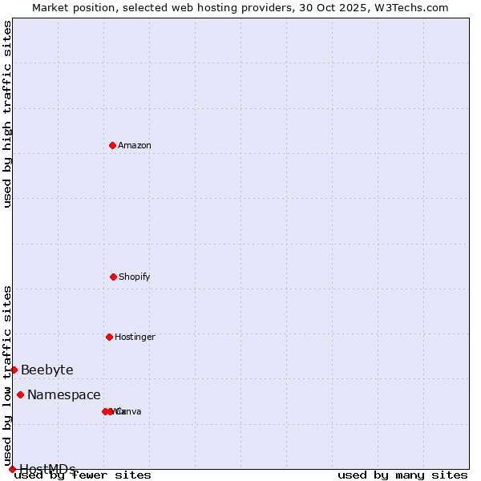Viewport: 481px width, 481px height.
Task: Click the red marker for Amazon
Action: (112, 145)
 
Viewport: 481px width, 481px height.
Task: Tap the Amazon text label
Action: (135, 146)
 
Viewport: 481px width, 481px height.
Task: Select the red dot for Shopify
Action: (113, 277)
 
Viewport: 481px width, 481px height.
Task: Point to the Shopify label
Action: (135, 277)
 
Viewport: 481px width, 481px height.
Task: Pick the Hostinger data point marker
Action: (109, 337)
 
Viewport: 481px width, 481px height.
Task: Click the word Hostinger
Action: (135, 338)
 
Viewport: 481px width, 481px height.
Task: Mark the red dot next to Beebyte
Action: (14, 370)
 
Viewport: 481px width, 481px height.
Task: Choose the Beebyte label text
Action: (47, 370)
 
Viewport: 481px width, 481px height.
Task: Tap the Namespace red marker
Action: (20, 394)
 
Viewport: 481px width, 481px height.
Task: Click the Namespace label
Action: (64, 395)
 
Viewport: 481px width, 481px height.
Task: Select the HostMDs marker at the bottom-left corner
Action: (12, 469)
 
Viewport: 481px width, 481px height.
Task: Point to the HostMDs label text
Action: (48, 469)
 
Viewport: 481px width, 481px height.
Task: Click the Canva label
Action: (128, 412)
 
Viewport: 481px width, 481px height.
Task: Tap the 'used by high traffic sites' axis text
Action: (7, 114)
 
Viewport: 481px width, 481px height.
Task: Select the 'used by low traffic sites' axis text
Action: (7, 370)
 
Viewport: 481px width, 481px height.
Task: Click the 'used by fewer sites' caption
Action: (83, 475)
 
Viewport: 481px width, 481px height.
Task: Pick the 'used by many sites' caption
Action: (402, 475)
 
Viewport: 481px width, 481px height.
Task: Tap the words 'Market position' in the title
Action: (70, 7)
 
